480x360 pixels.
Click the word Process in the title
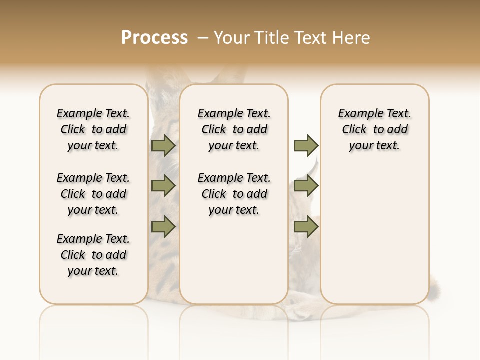pos(154,38)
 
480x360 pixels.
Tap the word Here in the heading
pos(352,38)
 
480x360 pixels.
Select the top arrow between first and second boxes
pos(163,145)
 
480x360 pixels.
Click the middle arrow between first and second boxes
pos(163,186)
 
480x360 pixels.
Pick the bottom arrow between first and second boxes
pos(163,227)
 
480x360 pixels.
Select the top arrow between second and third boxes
pos(306,145)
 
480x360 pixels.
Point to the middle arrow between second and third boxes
pos(306,186)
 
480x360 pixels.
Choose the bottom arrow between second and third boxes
pos(306,227)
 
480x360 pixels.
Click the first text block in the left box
pos(93,129)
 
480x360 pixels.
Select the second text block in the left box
pos(93,194)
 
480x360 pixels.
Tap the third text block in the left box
pos(93,255)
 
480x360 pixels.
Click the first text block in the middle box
pos(234,129)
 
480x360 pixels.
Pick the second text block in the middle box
pos(234,194)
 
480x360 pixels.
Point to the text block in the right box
pos(374,129)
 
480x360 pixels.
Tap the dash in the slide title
pos(203,38)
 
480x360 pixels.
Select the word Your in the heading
pos(232,38)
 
